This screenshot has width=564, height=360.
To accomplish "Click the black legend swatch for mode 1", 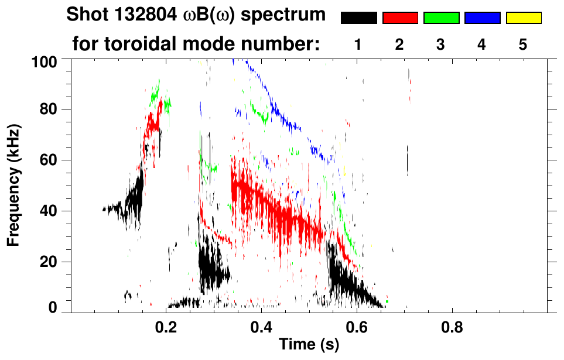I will [x=358, y=18].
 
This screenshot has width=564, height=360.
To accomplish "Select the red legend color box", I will [x=399, y=18].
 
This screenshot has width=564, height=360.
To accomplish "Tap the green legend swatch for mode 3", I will [x=440, y=18].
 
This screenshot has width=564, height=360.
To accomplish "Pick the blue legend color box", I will [x=482, y=18].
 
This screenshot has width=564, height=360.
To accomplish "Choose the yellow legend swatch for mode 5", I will [x=523, y=18].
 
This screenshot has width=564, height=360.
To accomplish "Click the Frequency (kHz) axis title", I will [x=14, y=185].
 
